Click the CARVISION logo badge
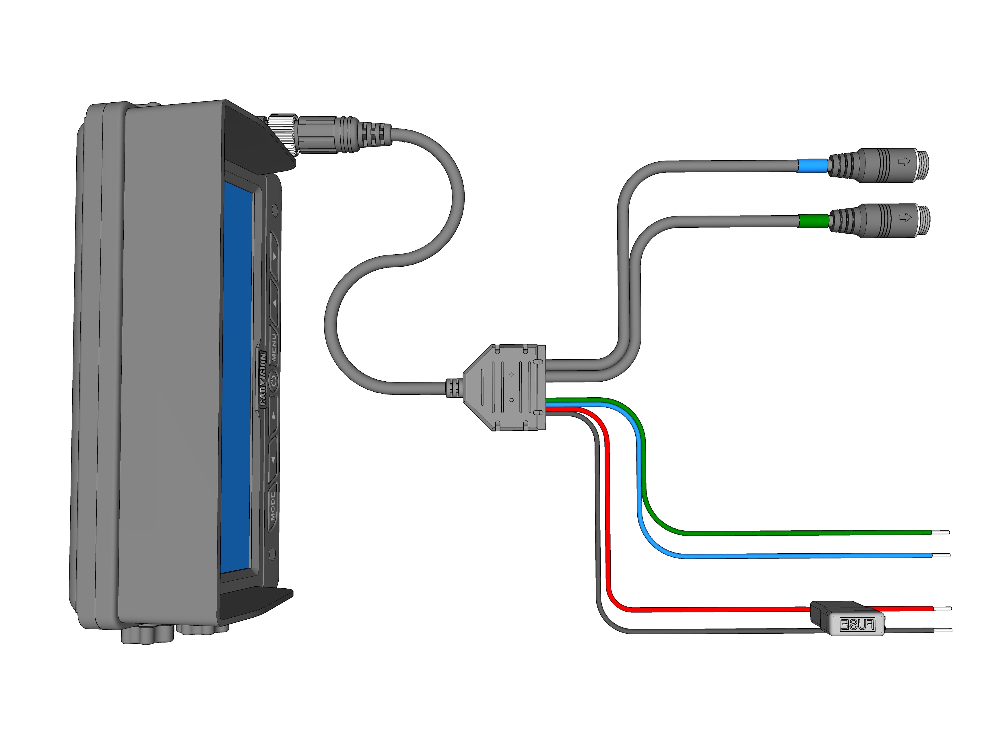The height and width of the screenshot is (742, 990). pos(263,379)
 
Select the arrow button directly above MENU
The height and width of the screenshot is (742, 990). pos(274,303)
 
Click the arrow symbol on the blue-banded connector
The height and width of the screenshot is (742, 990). pos(904,161)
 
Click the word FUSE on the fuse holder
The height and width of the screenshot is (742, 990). pos(857,624)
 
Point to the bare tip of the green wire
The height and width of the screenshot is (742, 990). pos(941,532)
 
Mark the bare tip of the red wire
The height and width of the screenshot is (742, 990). pos(943,608)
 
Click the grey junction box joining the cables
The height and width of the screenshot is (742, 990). pos(506,387)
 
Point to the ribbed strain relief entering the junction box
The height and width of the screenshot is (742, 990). pos(453,388)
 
